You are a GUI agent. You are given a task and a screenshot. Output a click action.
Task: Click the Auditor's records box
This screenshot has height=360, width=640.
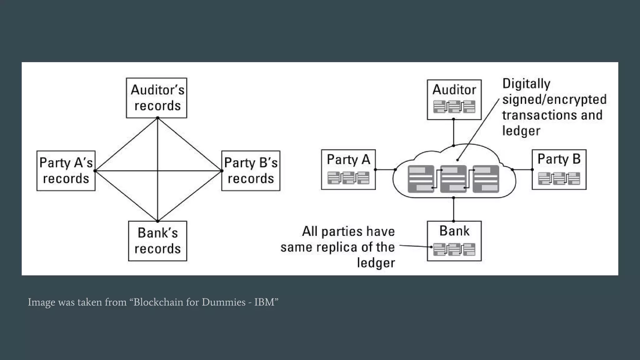(x=157, y=98)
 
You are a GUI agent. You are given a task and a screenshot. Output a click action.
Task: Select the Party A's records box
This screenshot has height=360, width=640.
(x=66, y=171)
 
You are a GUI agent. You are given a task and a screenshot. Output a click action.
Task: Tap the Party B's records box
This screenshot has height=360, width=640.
(x=251, y=171)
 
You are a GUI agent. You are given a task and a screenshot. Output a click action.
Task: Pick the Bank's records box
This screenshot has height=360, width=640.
(x=157, y=241)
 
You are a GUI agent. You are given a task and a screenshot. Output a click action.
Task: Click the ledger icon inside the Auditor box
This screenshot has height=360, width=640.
(x=454, y=107)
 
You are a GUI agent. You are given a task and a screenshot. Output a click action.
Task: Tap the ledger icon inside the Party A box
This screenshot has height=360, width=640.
(x=348, y=178)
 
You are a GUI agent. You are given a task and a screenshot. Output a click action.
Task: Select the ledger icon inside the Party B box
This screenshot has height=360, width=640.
(x=559, y=178)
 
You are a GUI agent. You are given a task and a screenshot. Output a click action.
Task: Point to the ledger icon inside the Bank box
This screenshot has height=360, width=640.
(x=454, y=249)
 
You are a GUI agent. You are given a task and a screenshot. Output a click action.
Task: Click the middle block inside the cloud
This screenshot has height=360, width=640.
(x=453, y=179)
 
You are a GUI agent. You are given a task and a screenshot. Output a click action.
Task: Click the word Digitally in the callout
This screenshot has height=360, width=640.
(x=526, y=84)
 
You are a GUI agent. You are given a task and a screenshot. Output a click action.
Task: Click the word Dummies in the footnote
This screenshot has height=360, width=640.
(x=223, y=302)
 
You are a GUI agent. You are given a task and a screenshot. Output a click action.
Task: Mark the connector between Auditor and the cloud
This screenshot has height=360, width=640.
(x=453, y=132)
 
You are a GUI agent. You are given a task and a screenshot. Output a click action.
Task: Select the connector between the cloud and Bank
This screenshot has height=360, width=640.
(x=453, y=209)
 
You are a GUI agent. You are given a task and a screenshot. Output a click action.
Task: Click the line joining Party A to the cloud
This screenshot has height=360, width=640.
(x=385, y=170)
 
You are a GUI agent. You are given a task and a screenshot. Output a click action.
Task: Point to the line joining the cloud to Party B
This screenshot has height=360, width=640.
(x=522, y=170)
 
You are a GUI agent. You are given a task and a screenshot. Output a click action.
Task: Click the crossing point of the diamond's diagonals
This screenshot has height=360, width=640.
(x=157, y=171)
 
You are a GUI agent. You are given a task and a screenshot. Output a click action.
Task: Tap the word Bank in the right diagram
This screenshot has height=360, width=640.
(x=454, y=231)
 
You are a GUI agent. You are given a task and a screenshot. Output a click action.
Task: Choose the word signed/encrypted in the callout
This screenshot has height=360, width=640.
(x=554, y=99)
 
